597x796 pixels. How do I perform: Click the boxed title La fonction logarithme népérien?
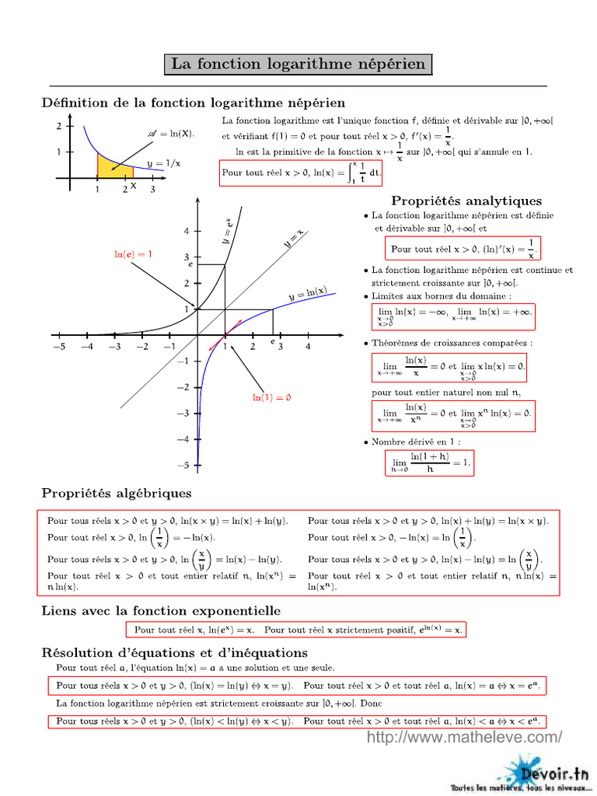pyautogui.click(x=298, y=64)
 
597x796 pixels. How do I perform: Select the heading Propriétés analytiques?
pyautogui.click(x=466, y=201)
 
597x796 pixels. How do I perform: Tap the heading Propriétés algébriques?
pyautogui.click(x=117, y=493)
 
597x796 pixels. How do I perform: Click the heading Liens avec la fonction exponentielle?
pyautogui.click(x=161, y=611)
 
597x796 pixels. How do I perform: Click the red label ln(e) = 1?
pyautogui.click(x=133, y=254)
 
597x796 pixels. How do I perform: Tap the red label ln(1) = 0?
pyautogui.click(x=271, y=397)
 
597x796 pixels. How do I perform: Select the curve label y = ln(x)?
pyautogui.click(x=308, y=294)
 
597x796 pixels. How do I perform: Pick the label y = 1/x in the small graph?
pyautogui.click(x=164, y=163)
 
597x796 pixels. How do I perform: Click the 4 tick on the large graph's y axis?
pyautogui.click(x=187, y=232)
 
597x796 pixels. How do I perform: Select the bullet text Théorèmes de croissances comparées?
pyautogui.click(x=451, y=342)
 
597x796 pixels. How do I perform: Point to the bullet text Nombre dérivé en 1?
pyautogui.click(x=416, y=442)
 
